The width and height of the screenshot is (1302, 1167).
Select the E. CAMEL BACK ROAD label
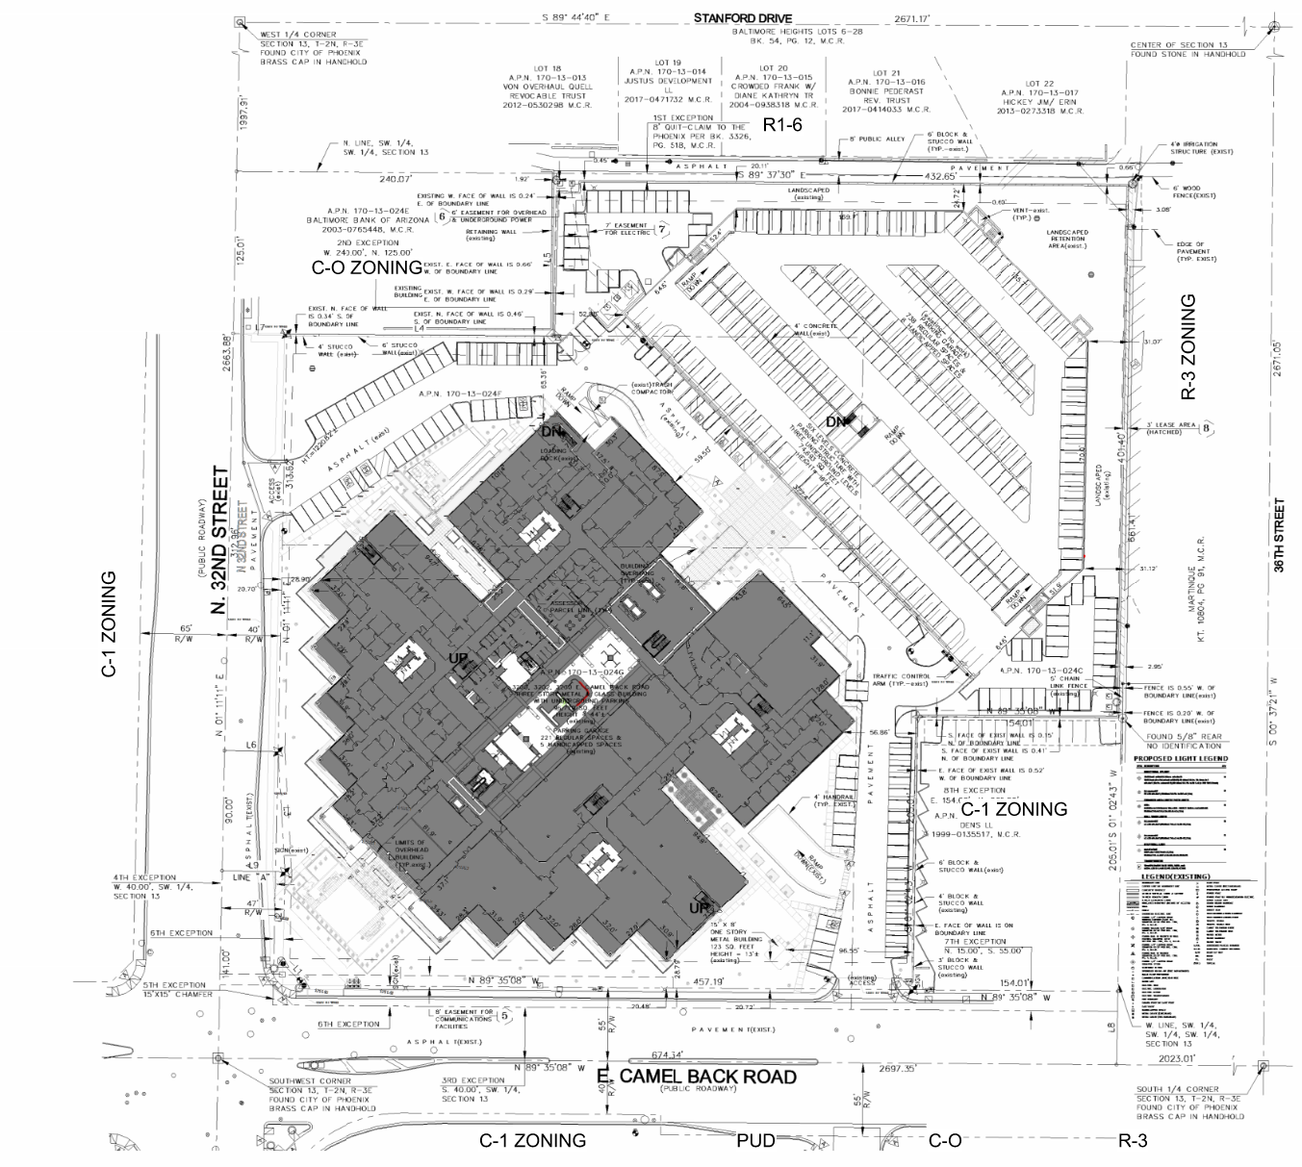tap(697, 1077)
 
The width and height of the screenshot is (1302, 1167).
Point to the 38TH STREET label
tap(1279, 536)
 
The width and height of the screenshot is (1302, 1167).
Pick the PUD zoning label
tap(755, 1141)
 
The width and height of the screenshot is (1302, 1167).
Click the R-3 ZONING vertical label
tap(1188, 346)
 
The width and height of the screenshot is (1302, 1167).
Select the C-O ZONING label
tap(367, 267)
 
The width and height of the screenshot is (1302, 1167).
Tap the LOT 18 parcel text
tap(546, 69)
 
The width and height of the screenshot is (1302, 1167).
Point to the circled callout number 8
tap(1207, 428)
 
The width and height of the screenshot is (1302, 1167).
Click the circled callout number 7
tap(662, 229)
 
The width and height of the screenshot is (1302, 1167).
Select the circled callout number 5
tap(505, 1014)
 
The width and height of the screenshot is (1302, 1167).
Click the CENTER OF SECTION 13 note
tap(1180, 50)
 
